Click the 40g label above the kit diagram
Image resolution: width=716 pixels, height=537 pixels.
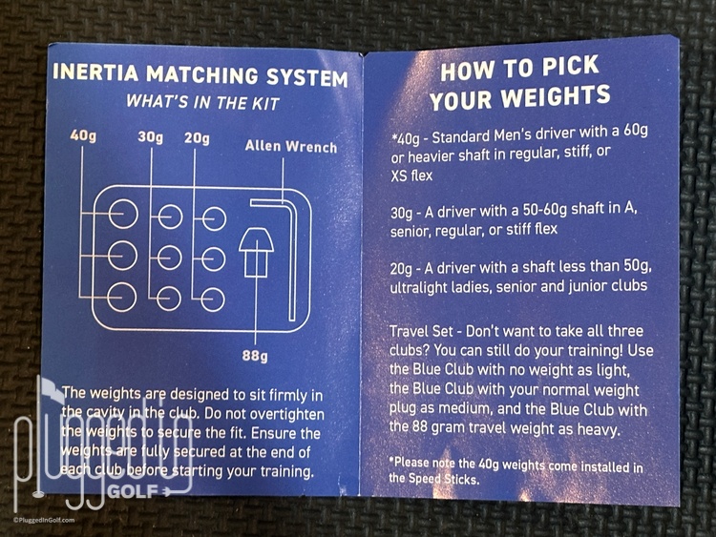(83, 135)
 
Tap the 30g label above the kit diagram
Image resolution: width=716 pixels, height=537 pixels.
(150, 136)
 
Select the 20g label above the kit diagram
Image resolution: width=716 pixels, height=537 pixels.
(197, 137)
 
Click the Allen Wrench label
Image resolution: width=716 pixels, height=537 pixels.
(291, 146)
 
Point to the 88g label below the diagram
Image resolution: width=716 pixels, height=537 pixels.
(255, 355)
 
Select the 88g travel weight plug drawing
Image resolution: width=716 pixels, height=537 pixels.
(256, 253)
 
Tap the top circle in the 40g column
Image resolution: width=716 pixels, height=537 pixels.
(123, 214)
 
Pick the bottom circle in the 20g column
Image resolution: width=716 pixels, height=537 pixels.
(213, 299)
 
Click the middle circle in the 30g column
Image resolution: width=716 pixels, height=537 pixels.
(169, 258)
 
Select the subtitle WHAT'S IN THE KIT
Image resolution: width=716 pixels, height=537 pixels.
(202, 102)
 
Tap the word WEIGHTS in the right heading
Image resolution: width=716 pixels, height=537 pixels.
(556, 96)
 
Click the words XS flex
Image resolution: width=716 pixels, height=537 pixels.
(411, 176)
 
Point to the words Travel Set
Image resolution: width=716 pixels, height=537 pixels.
(421, 331)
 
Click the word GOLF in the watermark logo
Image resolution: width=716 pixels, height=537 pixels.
(133, 491)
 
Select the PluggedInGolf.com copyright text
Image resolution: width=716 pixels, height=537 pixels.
(44, 520)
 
